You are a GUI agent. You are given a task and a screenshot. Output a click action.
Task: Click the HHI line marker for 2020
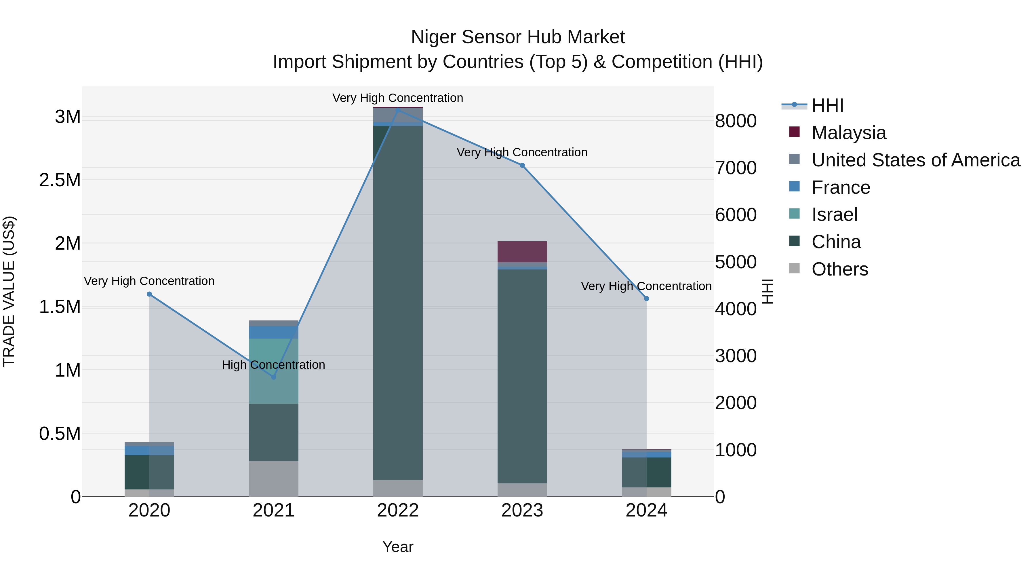click(149, 294)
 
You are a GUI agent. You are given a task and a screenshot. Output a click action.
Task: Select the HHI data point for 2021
click(273, 377)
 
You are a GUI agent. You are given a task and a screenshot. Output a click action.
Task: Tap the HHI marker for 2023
click(522, 165)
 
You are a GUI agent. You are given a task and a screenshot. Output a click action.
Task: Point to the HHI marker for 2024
click(646, 299)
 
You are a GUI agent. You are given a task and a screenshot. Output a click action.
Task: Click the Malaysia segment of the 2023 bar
click(522, 252)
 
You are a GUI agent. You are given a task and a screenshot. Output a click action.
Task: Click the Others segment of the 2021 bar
click(273, 478)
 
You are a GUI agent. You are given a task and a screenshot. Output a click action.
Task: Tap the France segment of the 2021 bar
click(273, 332)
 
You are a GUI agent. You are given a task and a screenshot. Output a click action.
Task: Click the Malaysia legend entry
click(849, 133)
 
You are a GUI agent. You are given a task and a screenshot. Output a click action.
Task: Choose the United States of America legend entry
click(915, 160)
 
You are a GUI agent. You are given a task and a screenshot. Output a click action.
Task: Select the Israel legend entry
click(835, 214)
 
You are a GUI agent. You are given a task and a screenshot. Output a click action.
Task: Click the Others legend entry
click(840, 269)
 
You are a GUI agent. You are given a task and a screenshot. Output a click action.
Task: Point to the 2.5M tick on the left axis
click(60, 180)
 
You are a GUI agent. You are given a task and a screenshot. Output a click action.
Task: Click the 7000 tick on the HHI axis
click(736, 168)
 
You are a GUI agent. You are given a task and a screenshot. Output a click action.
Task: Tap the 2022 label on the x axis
click(398, 510)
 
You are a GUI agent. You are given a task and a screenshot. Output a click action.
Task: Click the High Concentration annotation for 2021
click(273, 364)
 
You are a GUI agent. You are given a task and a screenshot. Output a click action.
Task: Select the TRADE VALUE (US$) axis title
click(9, 291)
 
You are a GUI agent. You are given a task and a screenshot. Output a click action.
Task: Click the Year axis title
click(398, 547)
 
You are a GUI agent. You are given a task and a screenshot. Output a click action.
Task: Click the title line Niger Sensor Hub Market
click(518, 37)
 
